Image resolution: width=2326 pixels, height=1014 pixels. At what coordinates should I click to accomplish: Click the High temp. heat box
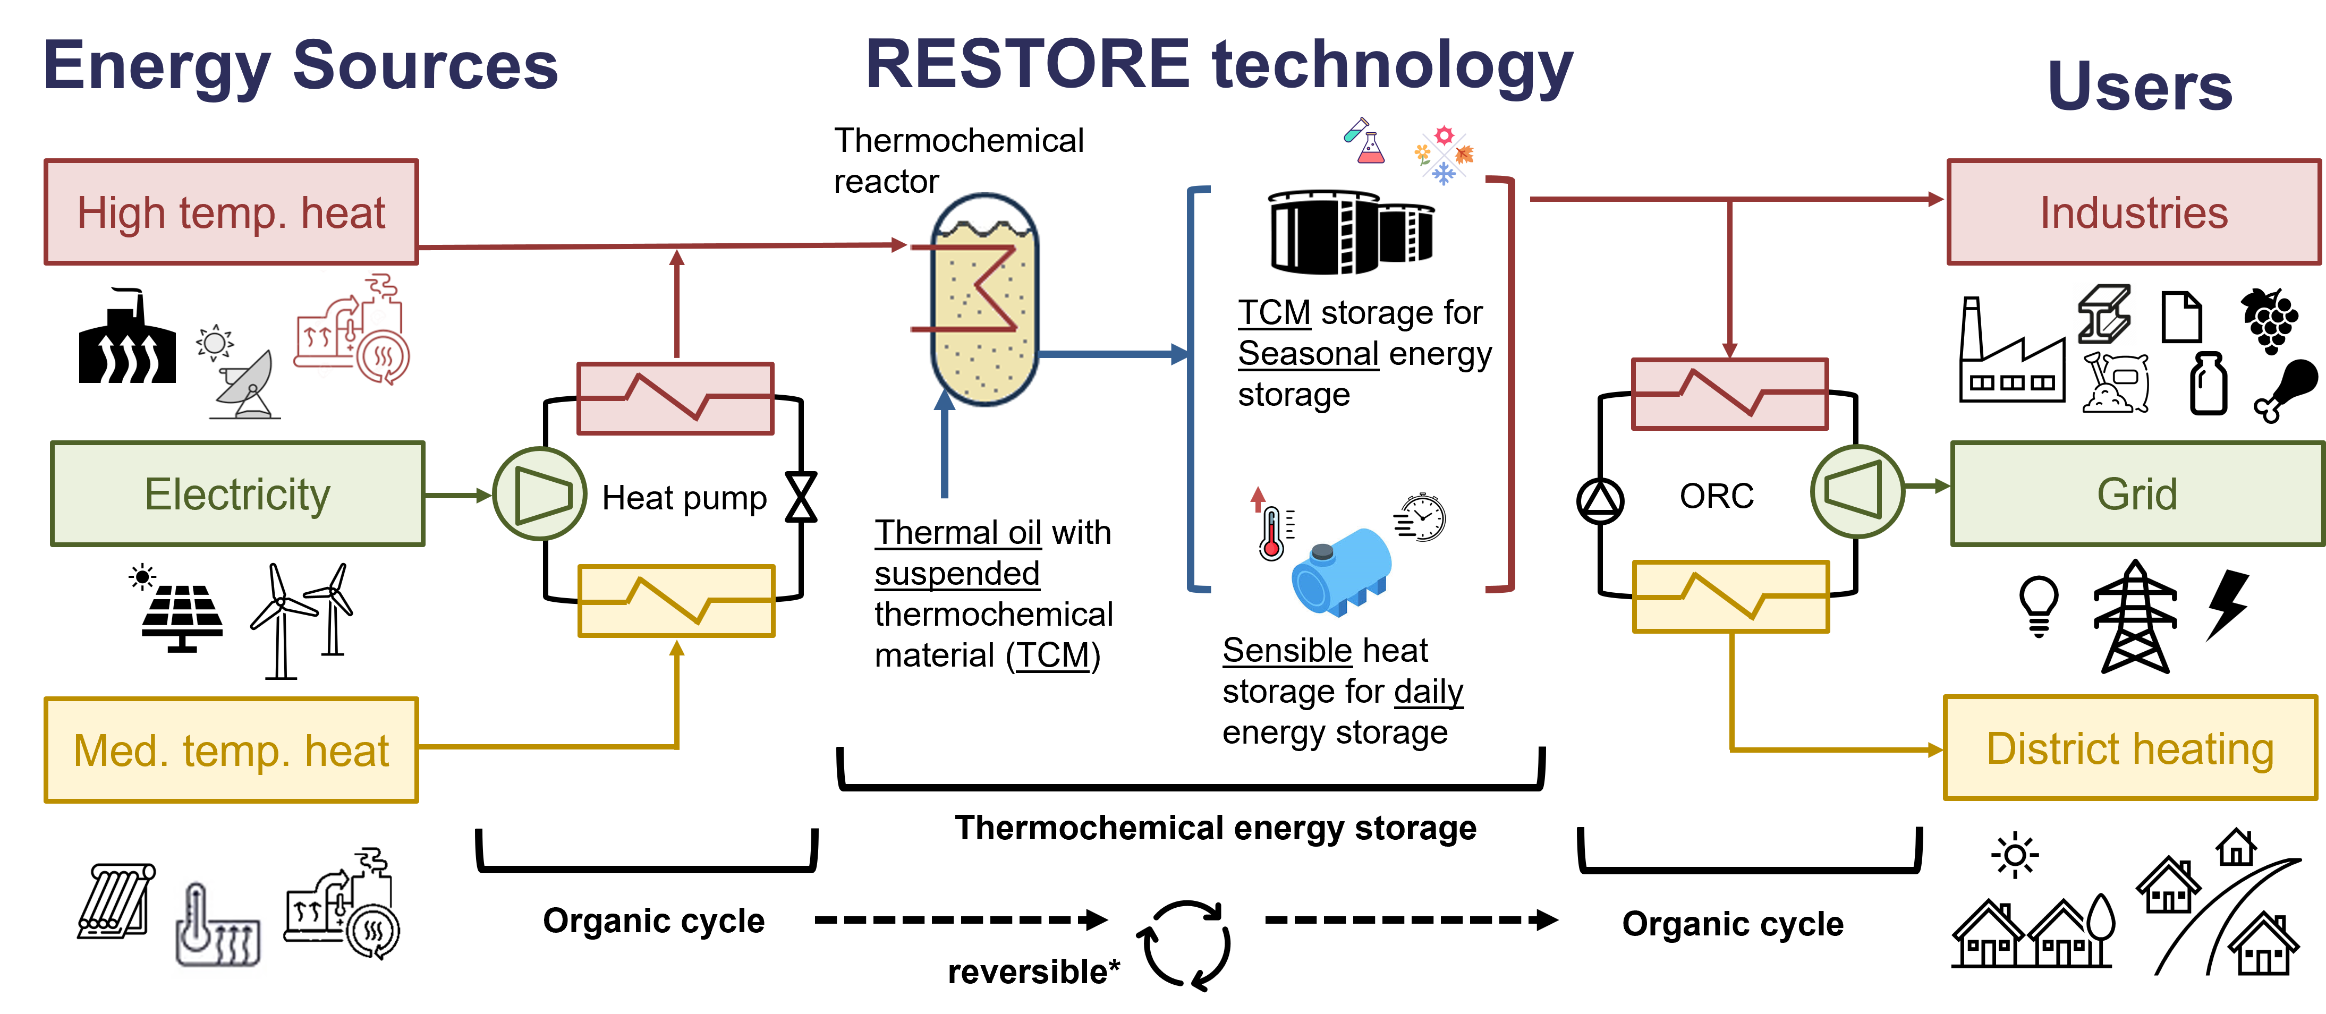(231, 213)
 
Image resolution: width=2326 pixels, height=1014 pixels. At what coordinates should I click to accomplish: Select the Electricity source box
(237, 494)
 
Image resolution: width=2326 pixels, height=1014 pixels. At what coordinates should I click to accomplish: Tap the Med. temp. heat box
(231, 749)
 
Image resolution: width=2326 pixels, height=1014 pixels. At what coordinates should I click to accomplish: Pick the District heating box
(2130, 748)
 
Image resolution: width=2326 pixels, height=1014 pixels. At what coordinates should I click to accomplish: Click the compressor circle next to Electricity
(540, 494)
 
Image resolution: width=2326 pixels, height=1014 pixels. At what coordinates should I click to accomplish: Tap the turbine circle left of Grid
(1857, 491)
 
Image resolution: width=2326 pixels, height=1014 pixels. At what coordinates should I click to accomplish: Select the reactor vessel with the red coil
(981, 302)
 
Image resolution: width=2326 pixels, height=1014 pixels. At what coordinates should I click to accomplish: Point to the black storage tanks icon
(1351, 233)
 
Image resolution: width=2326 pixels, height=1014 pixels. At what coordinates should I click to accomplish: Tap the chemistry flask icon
(1363, 141)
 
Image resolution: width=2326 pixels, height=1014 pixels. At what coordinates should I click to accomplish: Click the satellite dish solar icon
(236, 372)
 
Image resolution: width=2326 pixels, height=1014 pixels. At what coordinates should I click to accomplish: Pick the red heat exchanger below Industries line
(1729, 394)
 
